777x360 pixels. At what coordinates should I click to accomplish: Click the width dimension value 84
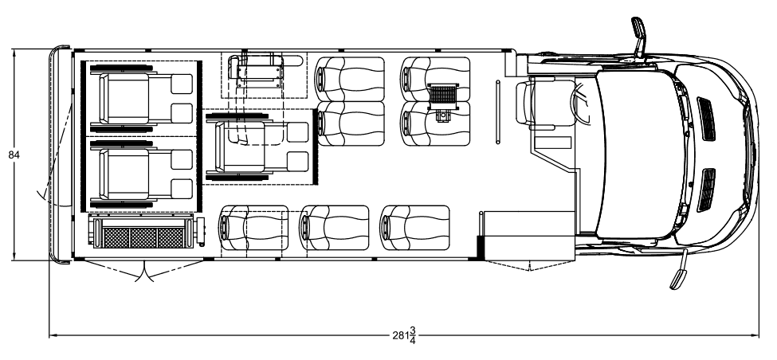pos(14,155)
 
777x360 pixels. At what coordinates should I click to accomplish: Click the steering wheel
pos(581,103)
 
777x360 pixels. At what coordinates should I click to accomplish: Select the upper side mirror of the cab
pos(639,37)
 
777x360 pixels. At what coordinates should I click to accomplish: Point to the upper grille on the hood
pos(706,119)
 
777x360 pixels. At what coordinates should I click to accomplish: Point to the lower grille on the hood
pos(706,190)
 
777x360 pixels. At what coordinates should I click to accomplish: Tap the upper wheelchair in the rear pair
pos(141,99)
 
